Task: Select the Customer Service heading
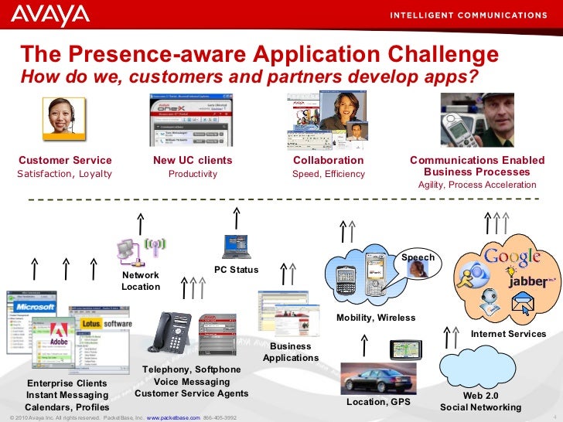coord(65,160)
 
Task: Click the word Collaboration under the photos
coord(328,160)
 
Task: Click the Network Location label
coord(141,281)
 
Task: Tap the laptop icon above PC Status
coord(236,247)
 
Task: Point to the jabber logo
coord(531,281)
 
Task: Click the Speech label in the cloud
coord(418,257)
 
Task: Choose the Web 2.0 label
coord(480,395)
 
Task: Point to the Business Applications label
coord(291,352)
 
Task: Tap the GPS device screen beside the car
coord(403,350)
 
